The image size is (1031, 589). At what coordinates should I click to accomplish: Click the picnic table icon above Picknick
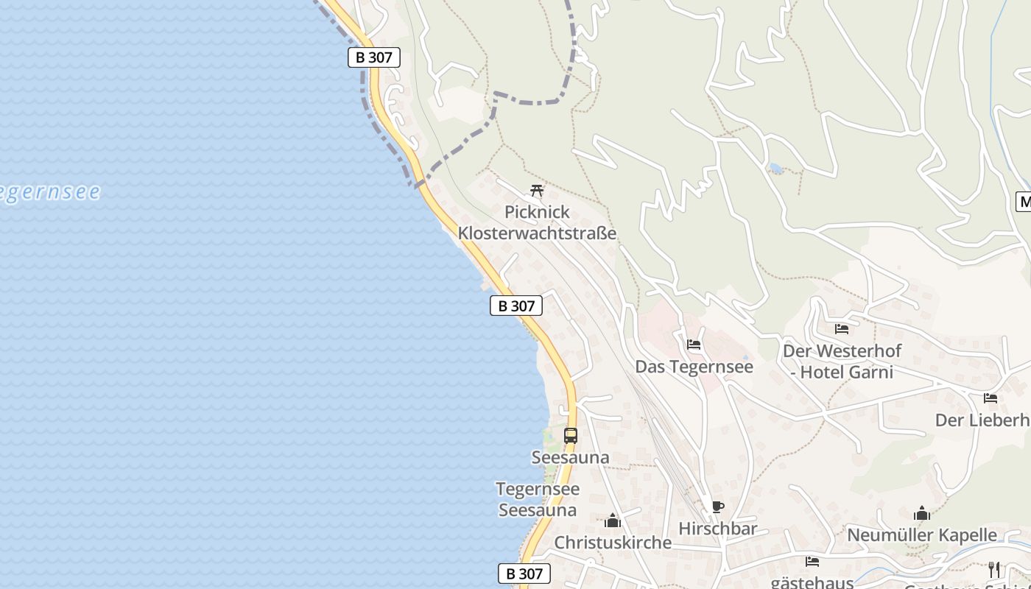pyautogui.click(x=537, y=191)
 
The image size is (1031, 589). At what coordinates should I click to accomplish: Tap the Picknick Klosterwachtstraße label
pyautogui.click(x=537, y=222)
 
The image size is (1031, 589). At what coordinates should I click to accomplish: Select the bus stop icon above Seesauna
pyautogui.click(x=571, y=435)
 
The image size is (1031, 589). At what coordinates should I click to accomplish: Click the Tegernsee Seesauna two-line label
pyautogui.click(x=538, y=499)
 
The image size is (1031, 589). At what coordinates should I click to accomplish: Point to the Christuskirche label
pyautogui.click(x=613, y=543)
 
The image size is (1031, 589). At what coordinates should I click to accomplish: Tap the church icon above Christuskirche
pyautogui.click(x=613, y=521)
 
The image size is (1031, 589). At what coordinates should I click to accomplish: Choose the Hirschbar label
pyautogui.click(x=717, y=529)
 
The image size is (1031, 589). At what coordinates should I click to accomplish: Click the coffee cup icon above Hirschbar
pyautogui.click(x=717, y=507)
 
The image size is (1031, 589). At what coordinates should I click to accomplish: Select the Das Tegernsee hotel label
pyautogui.click(x=694, y=367)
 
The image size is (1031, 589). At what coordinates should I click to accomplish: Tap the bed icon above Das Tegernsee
pyautogui.click(x=694, y=344)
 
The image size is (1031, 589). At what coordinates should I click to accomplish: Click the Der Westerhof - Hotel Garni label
pyautogui.click(x=842, y=361)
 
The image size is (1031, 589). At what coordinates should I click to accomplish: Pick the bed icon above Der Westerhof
pyautogui.click(x=842, y=329)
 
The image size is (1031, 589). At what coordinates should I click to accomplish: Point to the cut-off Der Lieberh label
pyautogui.click(x=982, y=420)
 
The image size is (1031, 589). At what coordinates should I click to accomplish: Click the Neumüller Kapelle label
pyautogui.click(x=921, y=535)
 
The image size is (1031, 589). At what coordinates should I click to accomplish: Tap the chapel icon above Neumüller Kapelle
pyautogui.click(x=921, y=514)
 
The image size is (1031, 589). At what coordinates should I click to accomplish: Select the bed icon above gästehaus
pyautogui.click(x=812, y=561)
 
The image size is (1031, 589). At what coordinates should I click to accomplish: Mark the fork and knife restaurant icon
pyautogui.click(x=994, y=568)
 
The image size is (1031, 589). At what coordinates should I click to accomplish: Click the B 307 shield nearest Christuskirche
pyautogui.click(x=524, y=574)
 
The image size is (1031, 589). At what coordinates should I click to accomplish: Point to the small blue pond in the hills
pyautogui.click(x=775, y=169)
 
